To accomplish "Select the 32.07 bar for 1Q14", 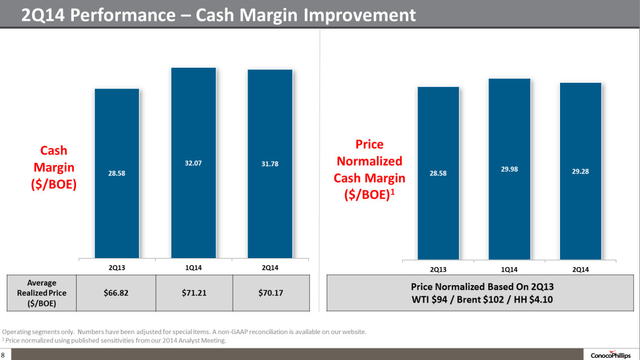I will (x=193, y=163).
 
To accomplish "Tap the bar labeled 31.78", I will (x=270, y=164).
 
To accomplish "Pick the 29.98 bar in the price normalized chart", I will (x=509, y=169).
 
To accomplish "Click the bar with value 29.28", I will (x=580, y=171).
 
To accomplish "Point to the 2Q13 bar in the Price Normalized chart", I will (x=438, y=173).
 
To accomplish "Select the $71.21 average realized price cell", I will (x=193, y=293).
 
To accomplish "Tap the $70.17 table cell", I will (x=270, y=293).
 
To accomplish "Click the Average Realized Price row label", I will (x=42, y=293).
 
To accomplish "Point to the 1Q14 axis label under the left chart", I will (x=193, y=268).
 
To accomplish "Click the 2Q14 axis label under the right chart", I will (x=580, y=270).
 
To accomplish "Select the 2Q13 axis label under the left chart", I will (x=117, y=268).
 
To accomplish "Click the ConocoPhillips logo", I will (x=610, y=354).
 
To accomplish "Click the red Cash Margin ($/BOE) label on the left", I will (x=54, y=167).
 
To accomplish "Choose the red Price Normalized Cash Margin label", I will (x=370, y=170).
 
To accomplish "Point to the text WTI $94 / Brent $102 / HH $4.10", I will (x=483, y=300).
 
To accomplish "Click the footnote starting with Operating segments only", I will (x=185, y=332).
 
